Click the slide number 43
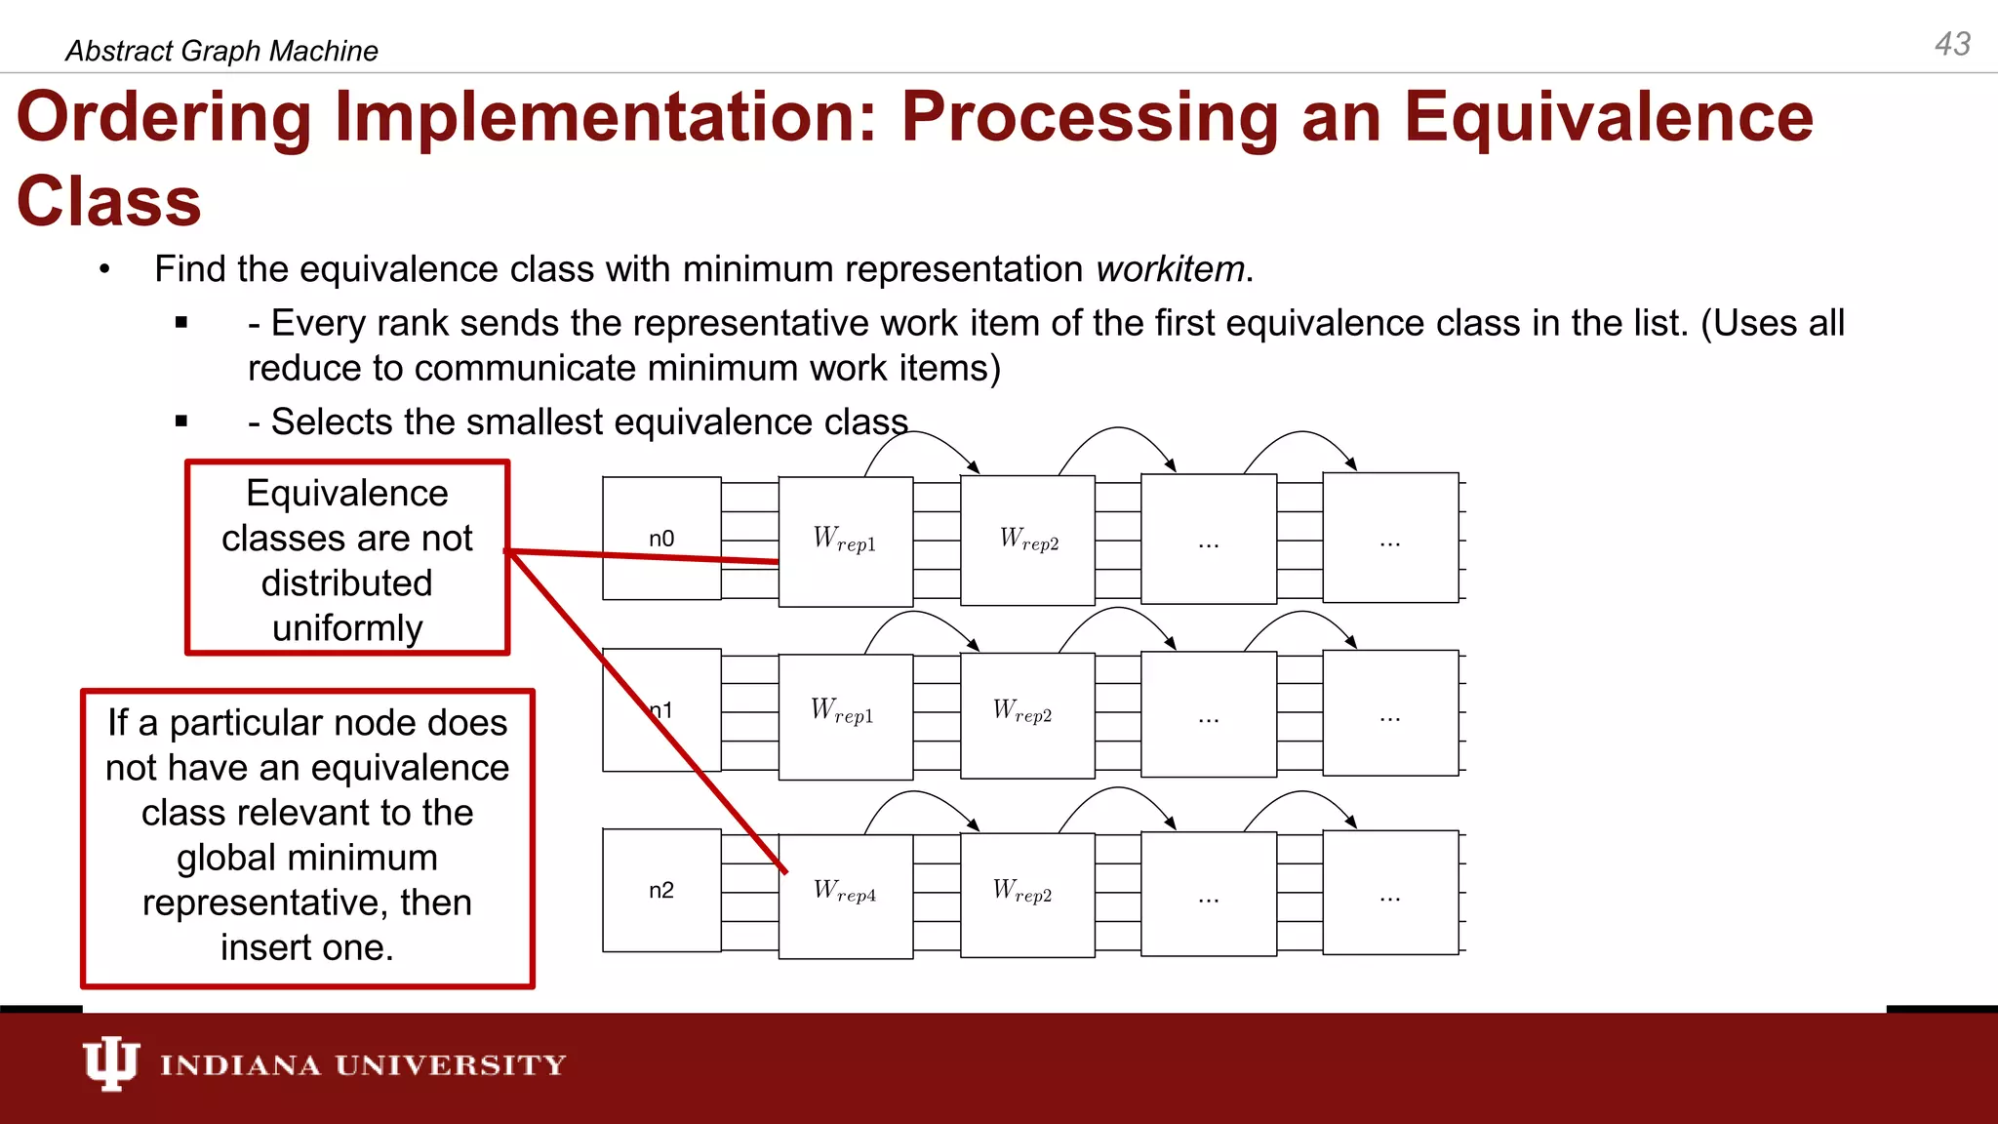click(x=1952, y=44)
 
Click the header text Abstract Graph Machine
click(x=221, y=51)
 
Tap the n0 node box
click(x=661, y=538)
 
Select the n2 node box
click(x=661, y=890)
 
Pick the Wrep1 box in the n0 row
click(x=845, y=541)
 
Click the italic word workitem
click(x=1170, y=269)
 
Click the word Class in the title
click(x=108, y=202)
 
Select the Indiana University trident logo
click(x=110, y=1064)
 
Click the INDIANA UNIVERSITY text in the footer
click(x=363, y=1065)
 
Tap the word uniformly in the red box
click(x=347, y=627)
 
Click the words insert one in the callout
click(x=306, y=947)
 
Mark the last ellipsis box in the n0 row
click(x=1389, y=540)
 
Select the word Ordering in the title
click(x=164, y=117)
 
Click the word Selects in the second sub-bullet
click(x=331, y=421)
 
